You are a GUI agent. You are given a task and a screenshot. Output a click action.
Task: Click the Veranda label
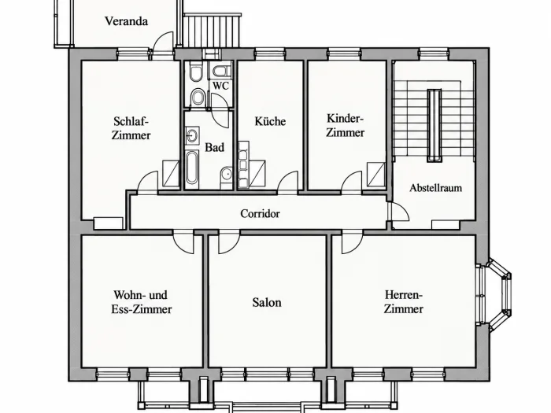click(126, 21)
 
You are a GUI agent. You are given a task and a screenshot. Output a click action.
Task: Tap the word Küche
click(270, 121)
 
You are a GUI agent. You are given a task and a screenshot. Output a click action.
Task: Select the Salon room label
click(267, 302)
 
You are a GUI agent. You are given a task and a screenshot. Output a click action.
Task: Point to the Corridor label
click(260, 213)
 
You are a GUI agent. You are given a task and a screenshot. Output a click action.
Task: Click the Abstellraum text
click(436, 188)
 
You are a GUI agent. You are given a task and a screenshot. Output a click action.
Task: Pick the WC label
click(220, 86)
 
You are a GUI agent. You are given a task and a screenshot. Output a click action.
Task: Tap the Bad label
click(214, 147)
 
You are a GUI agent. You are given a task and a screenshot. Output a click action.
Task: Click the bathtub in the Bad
click(191, 168)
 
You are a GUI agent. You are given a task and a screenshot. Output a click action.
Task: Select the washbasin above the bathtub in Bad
click(192, 135)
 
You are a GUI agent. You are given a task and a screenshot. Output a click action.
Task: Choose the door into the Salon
click(229, 242)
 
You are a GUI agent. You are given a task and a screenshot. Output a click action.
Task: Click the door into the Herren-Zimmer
click(353, 242)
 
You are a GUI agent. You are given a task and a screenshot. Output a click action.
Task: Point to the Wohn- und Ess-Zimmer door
click(183, 242)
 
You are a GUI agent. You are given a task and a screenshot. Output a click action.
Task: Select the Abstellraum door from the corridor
click(399, 212)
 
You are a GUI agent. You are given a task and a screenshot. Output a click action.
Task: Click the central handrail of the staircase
click(435, 125)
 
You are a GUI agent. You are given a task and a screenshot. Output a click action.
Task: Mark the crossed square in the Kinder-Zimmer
click(376, 174)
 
